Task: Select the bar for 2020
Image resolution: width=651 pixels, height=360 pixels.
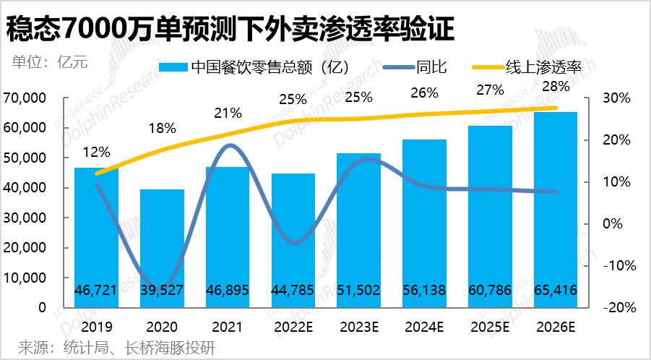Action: pos(162,246)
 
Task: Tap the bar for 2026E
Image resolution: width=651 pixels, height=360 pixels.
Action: pos(555,210)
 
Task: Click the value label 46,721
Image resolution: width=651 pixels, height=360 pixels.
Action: pos(96,291)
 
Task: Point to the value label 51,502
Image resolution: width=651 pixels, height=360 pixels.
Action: pos(358,291)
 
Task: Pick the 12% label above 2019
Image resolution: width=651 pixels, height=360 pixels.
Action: pos(96,153)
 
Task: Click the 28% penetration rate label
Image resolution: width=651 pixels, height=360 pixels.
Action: pos(556,86)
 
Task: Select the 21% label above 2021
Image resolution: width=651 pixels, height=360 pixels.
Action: pos(228,113)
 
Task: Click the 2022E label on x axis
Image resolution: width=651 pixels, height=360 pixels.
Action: pos(293,327)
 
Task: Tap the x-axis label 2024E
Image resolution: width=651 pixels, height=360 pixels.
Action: pos(424,327)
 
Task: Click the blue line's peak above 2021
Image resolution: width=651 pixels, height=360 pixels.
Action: pos(229,145)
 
